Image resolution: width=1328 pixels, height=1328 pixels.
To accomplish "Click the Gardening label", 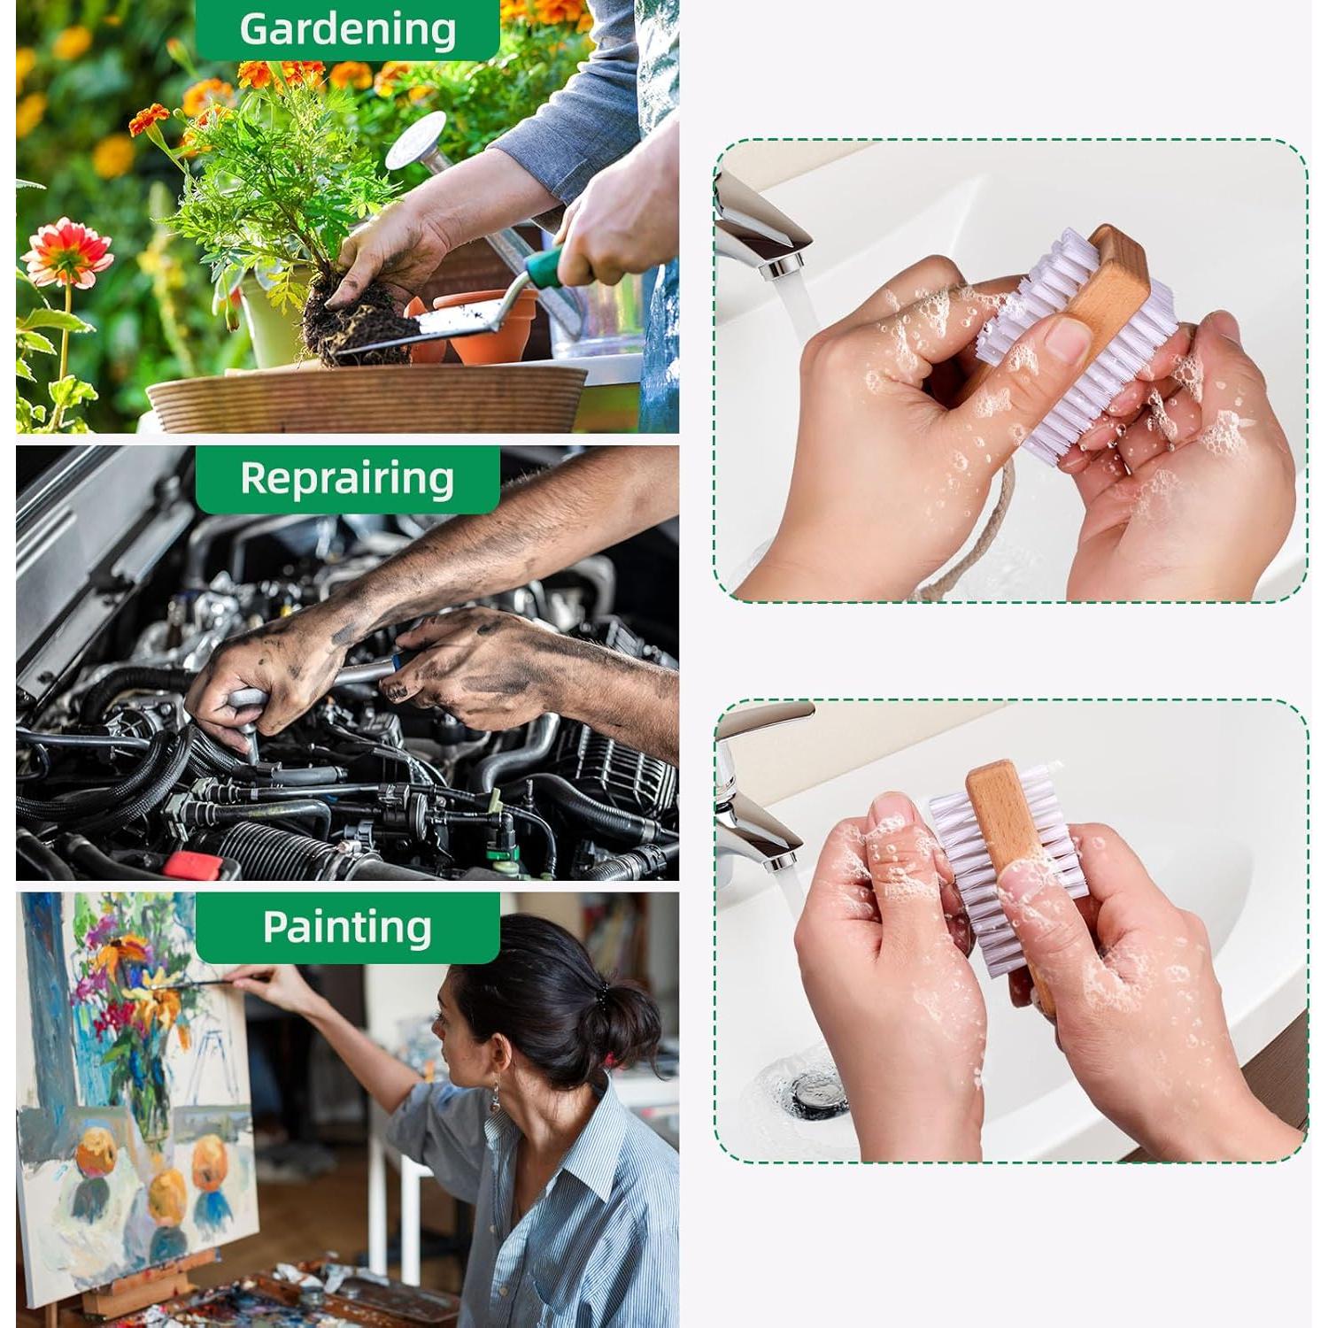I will tap(347, 28).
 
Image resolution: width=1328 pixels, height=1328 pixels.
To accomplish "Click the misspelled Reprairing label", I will tap(347, 478).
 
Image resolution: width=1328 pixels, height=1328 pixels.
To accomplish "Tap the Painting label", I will tap(347, 927).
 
